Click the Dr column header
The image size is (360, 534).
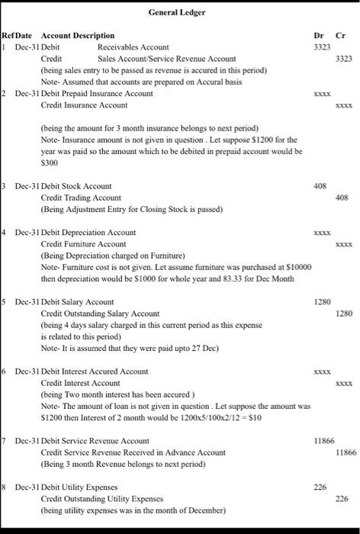(x=319, y=35)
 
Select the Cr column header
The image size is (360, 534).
(x=341, y=35)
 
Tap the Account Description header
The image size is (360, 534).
(x=78, y=35)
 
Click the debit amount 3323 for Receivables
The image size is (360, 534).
(x=322, y=47)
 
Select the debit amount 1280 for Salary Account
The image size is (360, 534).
(x=322, y=302)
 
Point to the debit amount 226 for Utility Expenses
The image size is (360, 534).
(x=320, y=487)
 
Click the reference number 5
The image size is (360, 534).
(x=4, y=302)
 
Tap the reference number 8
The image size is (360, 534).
(x=4, y=487)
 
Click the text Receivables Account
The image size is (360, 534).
(x=133, y=47)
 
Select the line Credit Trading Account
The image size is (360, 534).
(x=81, y=198)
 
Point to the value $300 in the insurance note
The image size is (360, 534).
(x=50, y=162)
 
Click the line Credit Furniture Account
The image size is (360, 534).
(x=83, y=243)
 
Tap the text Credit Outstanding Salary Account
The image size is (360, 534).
(x=100, y=314)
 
